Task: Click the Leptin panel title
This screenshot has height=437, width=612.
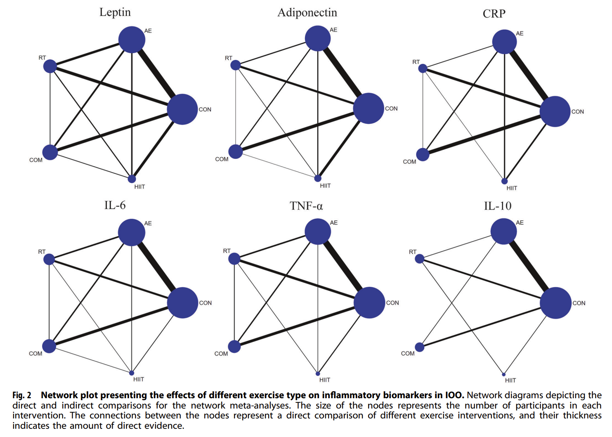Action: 115,12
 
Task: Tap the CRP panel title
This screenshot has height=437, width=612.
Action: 494,14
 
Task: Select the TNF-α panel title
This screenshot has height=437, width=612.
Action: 306,206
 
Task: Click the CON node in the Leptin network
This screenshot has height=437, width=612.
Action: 182,109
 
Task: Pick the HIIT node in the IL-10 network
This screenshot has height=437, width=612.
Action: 504,374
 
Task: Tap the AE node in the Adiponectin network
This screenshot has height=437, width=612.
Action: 318,38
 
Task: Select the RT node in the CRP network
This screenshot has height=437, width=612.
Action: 423,68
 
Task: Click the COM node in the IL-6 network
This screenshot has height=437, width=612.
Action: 49,346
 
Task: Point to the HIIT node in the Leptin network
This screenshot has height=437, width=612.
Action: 132,179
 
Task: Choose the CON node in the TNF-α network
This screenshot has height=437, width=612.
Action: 369,302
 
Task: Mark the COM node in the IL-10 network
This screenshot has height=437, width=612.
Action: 420,347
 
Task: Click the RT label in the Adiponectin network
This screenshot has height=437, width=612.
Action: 228,58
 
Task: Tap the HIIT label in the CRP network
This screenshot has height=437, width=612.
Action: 512,188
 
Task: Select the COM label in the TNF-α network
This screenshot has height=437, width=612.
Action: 221,354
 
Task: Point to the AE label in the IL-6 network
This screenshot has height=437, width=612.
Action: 148,223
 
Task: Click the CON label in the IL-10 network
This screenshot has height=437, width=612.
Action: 579,303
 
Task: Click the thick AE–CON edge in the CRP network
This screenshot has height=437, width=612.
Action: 530,76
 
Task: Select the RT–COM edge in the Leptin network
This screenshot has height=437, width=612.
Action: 50,109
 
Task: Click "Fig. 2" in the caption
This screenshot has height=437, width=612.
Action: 22,395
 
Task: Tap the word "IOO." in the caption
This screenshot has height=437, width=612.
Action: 455,395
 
